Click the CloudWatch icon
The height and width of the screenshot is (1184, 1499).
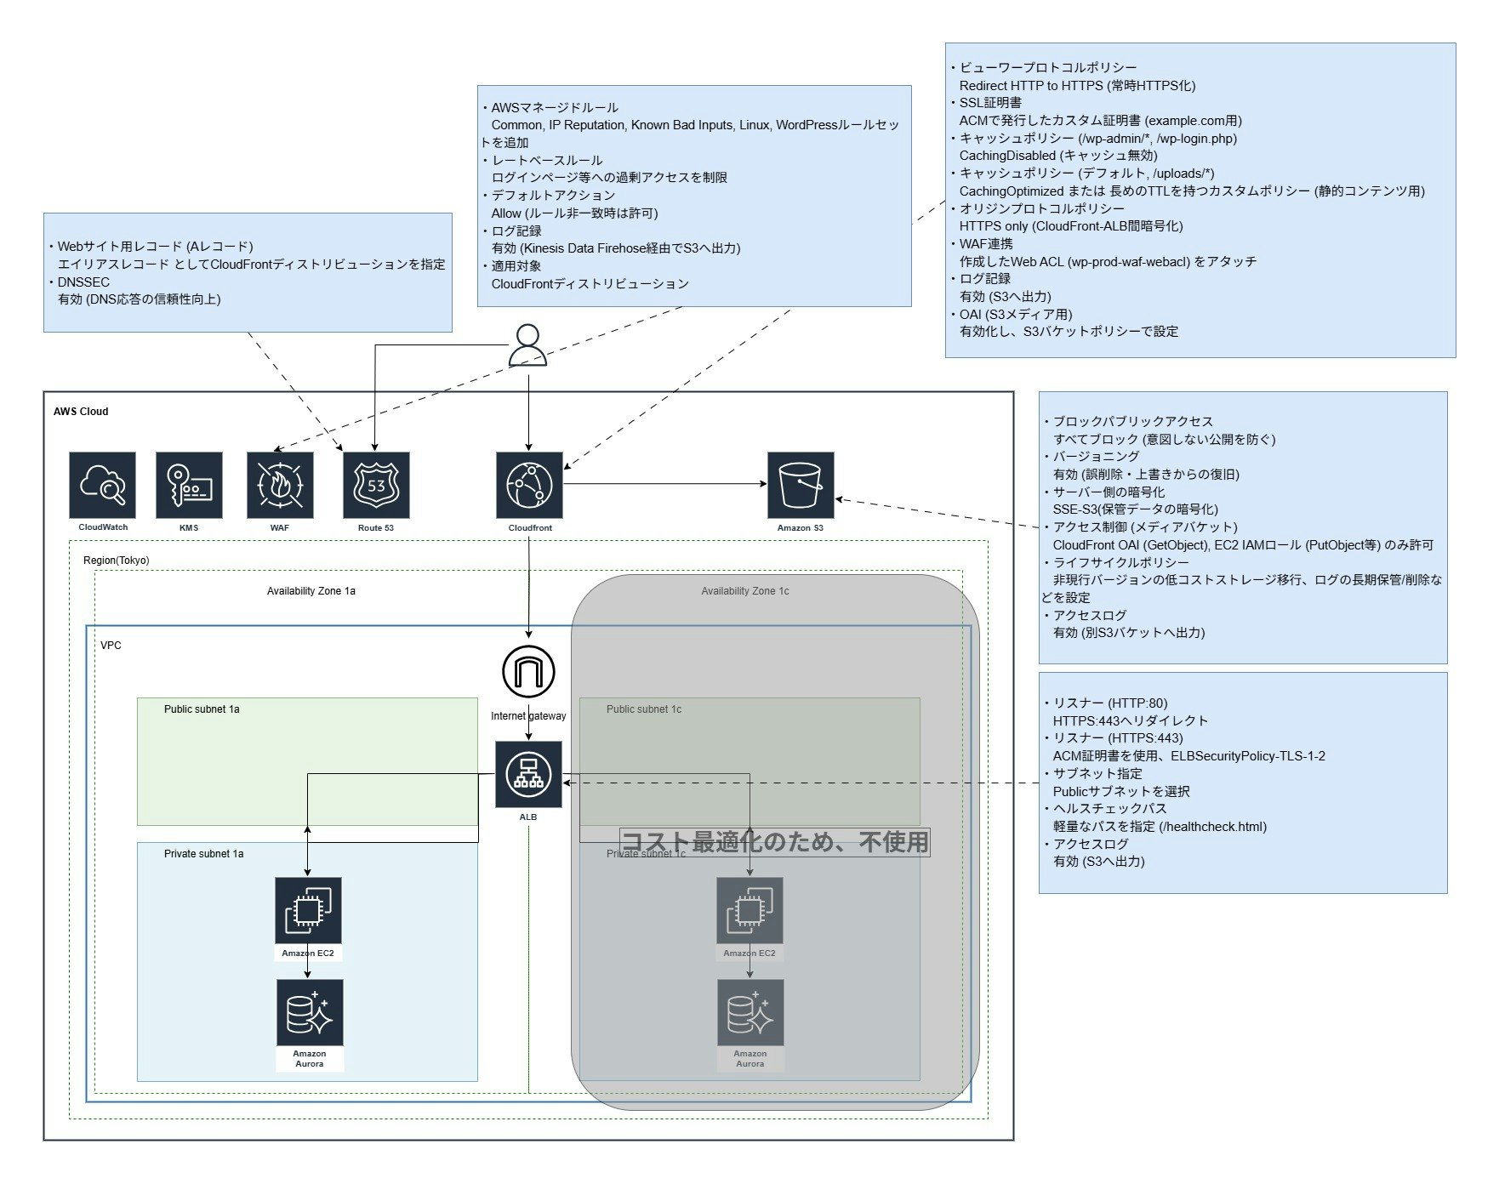pos(102,485)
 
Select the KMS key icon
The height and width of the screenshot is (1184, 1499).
pos(189,485)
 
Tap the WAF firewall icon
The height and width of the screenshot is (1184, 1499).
pos(280,485)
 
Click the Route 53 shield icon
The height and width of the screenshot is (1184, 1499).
pos(376,485)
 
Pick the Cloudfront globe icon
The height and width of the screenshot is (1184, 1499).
pos(529,485)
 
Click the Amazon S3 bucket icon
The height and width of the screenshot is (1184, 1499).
pos(801,485)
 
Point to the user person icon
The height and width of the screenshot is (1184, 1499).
pos(527,345)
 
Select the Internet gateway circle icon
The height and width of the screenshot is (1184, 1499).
pos(528,671)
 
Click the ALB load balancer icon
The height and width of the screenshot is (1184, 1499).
pos(528,774)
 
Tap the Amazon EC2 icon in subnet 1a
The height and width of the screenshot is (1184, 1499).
pos(308,910)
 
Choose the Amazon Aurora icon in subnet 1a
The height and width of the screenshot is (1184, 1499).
pos(310,1012)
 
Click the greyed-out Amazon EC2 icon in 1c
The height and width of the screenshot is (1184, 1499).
pos(749,910)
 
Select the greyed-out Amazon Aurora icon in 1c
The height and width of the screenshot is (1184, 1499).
pos(750,1012)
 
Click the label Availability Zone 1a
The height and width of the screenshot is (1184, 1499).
pos(311,591)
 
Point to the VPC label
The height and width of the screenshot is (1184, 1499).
pos(111,646)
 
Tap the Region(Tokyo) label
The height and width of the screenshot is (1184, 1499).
pos(116,561)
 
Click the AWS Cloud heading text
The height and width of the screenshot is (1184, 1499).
pos(81,412)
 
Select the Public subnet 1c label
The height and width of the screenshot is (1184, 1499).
pos(643,709)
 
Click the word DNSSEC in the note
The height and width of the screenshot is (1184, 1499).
pos(83,282)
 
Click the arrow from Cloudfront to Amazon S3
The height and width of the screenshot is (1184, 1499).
pos(664,484)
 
